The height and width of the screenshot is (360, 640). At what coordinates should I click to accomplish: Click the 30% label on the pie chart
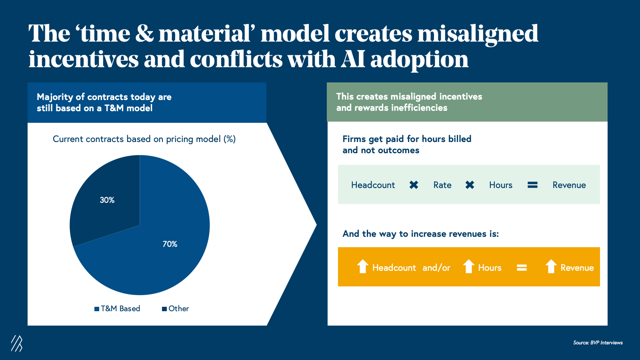point(107,200)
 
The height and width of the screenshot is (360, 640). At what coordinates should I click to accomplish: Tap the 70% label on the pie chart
point(170,244)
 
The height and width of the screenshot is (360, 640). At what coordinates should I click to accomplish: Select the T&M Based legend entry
point(117,308)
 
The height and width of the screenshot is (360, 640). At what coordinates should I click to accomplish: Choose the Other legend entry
point(176,308)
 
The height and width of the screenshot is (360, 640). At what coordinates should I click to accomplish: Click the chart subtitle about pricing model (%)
point(144,139)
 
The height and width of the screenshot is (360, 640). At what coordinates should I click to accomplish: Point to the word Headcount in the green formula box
point(373,185)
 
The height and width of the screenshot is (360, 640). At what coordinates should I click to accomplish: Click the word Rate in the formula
point(442,185)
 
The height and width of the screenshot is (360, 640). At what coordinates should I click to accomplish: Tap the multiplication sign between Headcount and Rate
point(414,185)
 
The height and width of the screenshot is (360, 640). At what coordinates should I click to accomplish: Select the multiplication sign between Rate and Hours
point(470,185)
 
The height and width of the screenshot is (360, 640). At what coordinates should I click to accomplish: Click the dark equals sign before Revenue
point(532,185)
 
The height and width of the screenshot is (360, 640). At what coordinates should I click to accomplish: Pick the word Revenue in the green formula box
point(569,185)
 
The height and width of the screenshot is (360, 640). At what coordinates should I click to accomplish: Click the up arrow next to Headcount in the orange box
point(362,266)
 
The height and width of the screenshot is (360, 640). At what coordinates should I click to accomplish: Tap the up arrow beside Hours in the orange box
point(468,266)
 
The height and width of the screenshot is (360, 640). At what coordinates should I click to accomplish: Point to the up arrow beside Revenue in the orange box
point(551,266)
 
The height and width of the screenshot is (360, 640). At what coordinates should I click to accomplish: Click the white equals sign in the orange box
point(522,268)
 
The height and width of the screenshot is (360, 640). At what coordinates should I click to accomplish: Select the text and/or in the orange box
point(436,268)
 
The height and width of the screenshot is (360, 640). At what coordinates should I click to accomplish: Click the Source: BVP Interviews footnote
point(598,342)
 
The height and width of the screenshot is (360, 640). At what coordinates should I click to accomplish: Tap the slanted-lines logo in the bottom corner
point(16,343)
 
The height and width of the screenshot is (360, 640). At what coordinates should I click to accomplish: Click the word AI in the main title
point(352,60)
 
